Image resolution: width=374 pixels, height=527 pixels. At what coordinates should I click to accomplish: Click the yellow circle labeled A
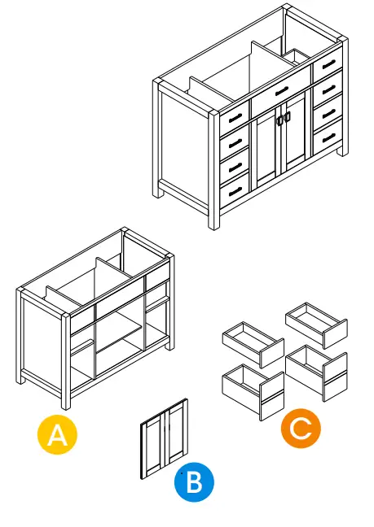57,435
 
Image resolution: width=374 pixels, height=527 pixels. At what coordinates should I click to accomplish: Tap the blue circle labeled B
194,482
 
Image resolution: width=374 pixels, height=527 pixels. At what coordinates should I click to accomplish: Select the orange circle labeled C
301,429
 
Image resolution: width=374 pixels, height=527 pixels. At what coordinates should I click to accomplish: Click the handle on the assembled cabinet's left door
279,120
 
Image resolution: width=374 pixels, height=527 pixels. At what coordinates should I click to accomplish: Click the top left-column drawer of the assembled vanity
235,117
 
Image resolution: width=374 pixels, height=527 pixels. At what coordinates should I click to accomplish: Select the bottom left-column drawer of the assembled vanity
235,190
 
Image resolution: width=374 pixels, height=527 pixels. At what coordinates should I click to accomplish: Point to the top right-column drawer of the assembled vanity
328,63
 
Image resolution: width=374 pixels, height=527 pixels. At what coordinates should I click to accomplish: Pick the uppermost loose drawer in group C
317,323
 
